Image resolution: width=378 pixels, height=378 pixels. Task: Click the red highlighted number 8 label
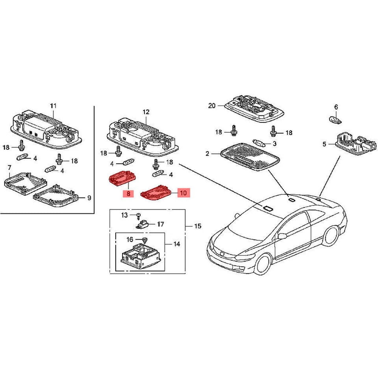[x=128, y=193]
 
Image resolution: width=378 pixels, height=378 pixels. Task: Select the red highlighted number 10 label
[x=184, y=193]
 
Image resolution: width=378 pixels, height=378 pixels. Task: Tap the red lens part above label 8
[x=122, y=178]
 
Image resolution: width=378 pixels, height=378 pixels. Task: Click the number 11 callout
[x=53, y=106]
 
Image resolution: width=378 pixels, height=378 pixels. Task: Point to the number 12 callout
[x=146, y=112]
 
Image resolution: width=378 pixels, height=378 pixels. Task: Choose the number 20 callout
[x=212, y=106]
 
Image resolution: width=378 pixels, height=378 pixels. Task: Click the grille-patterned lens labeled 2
[x=250, y=157]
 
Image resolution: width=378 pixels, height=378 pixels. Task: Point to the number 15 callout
[x=197, y=226]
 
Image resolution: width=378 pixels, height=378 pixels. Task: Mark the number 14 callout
[x=177, y=244]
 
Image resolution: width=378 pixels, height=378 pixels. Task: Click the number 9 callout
[x=89, y=198]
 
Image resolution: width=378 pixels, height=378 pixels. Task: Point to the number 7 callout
[x=9, y=167]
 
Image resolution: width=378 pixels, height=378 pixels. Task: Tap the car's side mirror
[x=282, y=236]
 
